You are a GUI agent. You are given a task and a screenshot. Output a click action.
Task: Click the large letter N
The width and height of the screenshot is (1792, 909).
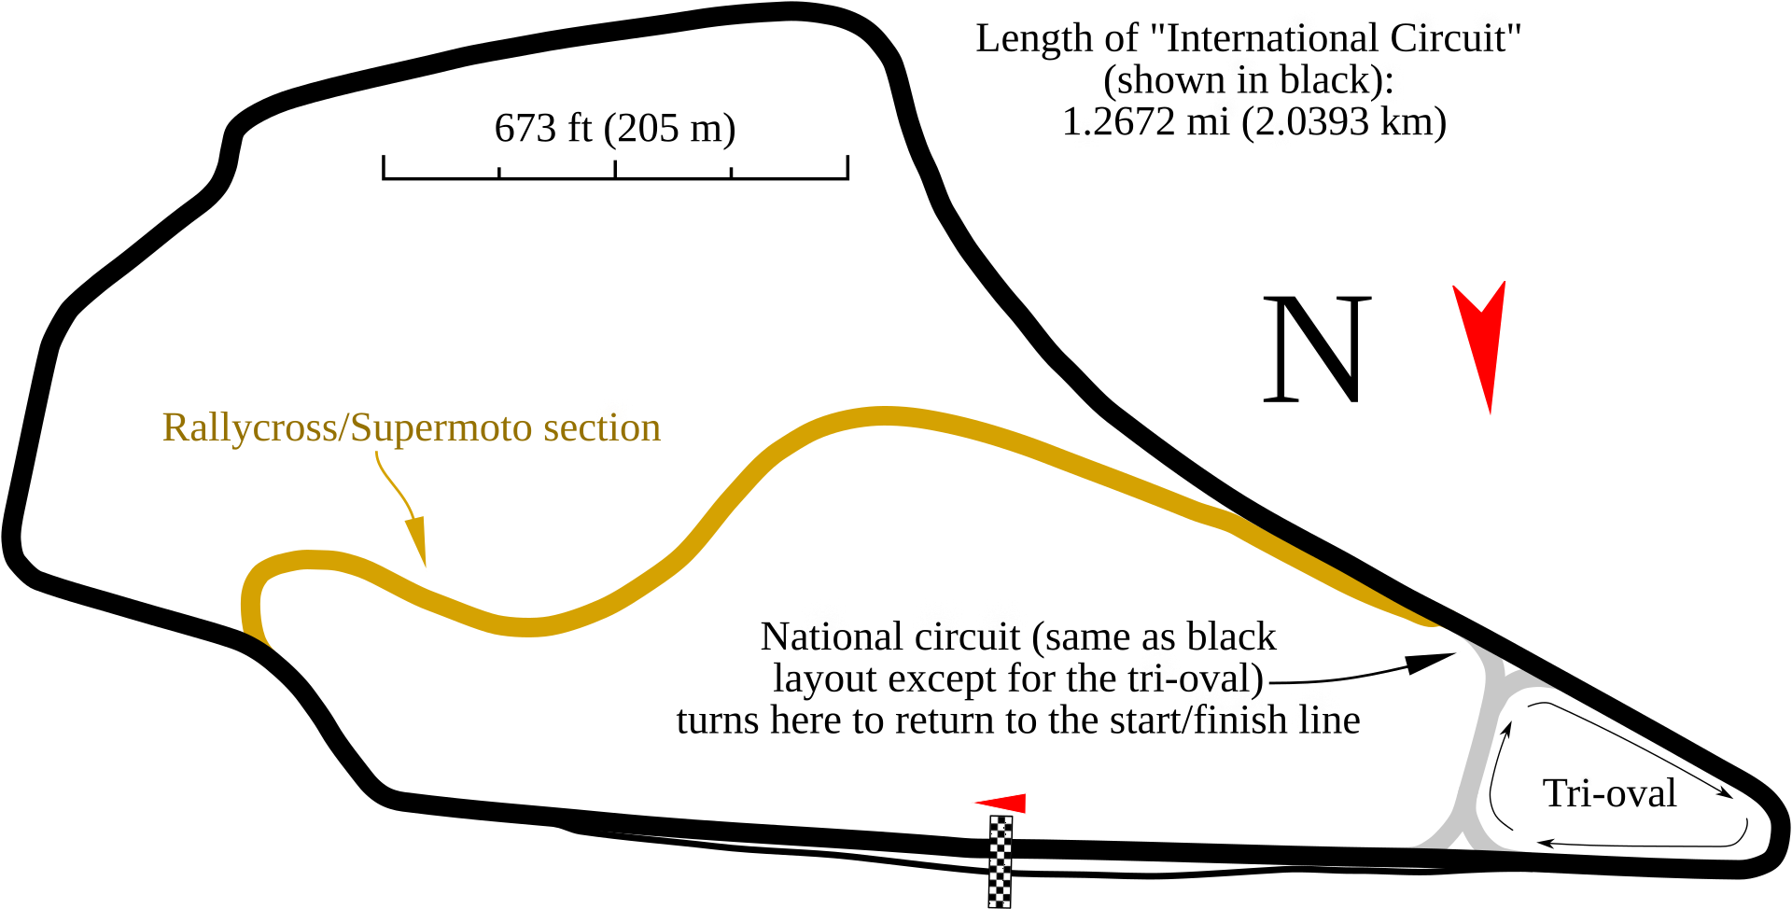(1317, 350)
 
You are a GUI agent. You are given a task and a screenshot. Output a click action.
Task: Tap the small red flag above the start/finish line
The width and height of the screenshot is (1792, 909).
(1004, 804)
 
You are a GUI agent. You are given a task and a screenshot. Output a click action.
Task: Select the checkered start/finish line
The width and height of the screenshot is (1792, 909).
(1001, 860)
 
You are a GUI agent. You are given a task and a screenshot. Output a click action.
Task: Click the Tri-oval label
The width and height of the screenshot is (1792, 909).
(1610, 793)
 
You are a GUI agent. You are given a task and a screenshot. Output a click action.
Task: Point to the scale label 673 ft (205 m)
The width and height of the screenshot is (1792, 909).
(615, 128)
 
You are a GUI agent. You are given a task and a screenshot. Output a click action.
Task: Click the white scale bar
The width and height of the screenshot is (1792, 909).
(615, 175)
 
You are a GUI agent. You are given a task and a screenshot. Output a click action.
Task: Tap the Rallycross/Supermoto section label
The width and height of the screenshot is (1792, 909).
(411, 427)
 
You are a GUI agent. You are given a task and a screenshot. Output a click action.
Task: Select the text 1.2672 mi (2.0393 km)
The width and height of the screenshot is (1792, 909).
(1253, 121)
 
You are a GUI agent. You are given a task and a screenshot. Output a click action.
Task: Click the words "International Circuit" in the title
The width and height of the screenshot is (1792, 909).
(1344, 38)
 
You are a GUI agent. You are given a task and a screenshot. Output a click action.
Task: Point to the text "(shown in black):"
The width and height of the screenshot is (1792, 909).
(1248, 80)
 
